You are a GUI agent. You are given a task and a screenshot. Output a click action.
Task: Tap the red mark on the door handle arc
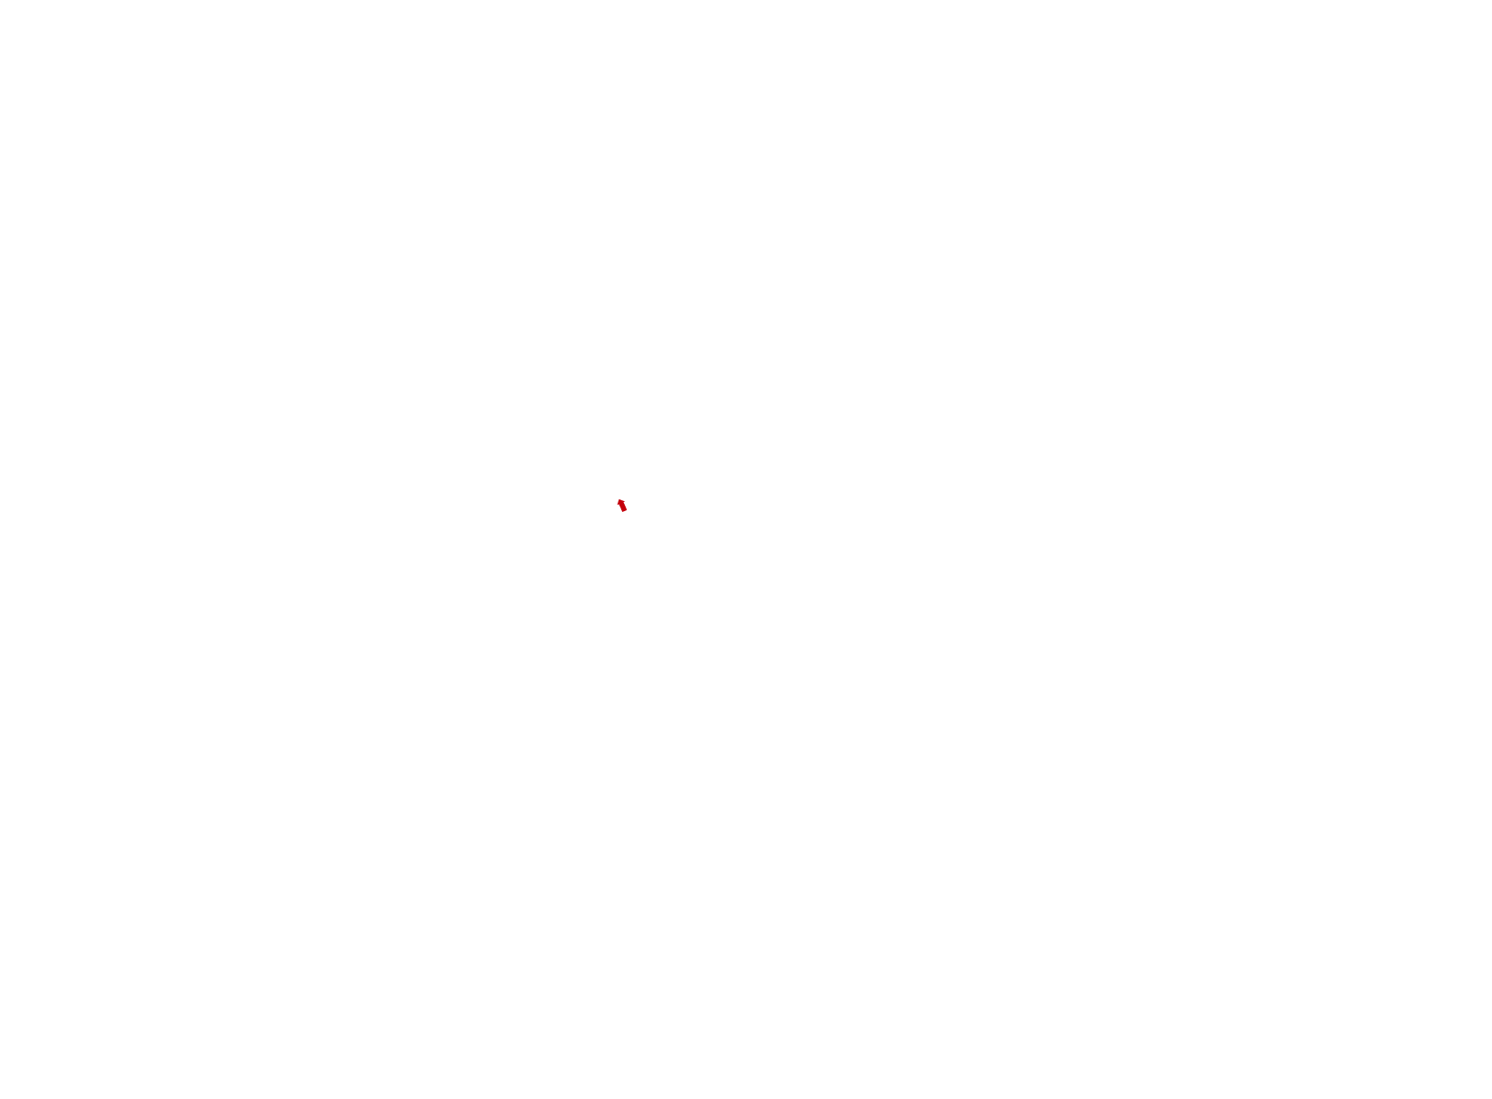click(624, 505)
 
